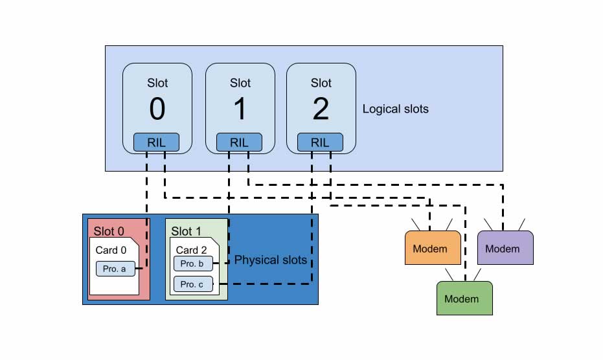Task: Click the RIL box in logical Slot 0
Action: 156,142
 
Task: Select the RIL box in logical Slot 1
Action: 239,142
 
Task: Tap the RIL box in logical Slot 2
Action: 321,142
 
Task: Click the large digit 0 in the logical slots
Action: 157,109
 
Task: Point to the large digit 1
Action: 240,109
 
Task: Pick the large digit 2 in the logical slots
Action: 321,109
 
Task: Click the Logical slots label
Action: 395,109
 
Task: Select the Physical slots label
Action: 270,260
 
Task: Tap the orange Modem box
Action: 433,248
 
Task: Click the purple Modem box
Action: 505,248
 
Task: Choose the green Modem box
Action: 464,298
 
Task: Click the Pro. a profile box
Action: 115,269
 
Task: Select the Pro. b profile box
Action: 193,264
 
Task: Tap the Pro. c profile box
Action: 193,284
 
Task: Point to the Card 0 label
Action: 111,250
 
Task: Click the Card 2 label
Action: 191,250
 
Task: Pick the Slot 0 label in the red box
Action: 109,231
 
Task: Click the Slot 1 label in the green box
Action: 186,231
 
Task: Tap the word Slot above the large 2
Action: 321,83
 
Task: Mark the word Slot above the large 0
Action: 157,83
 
